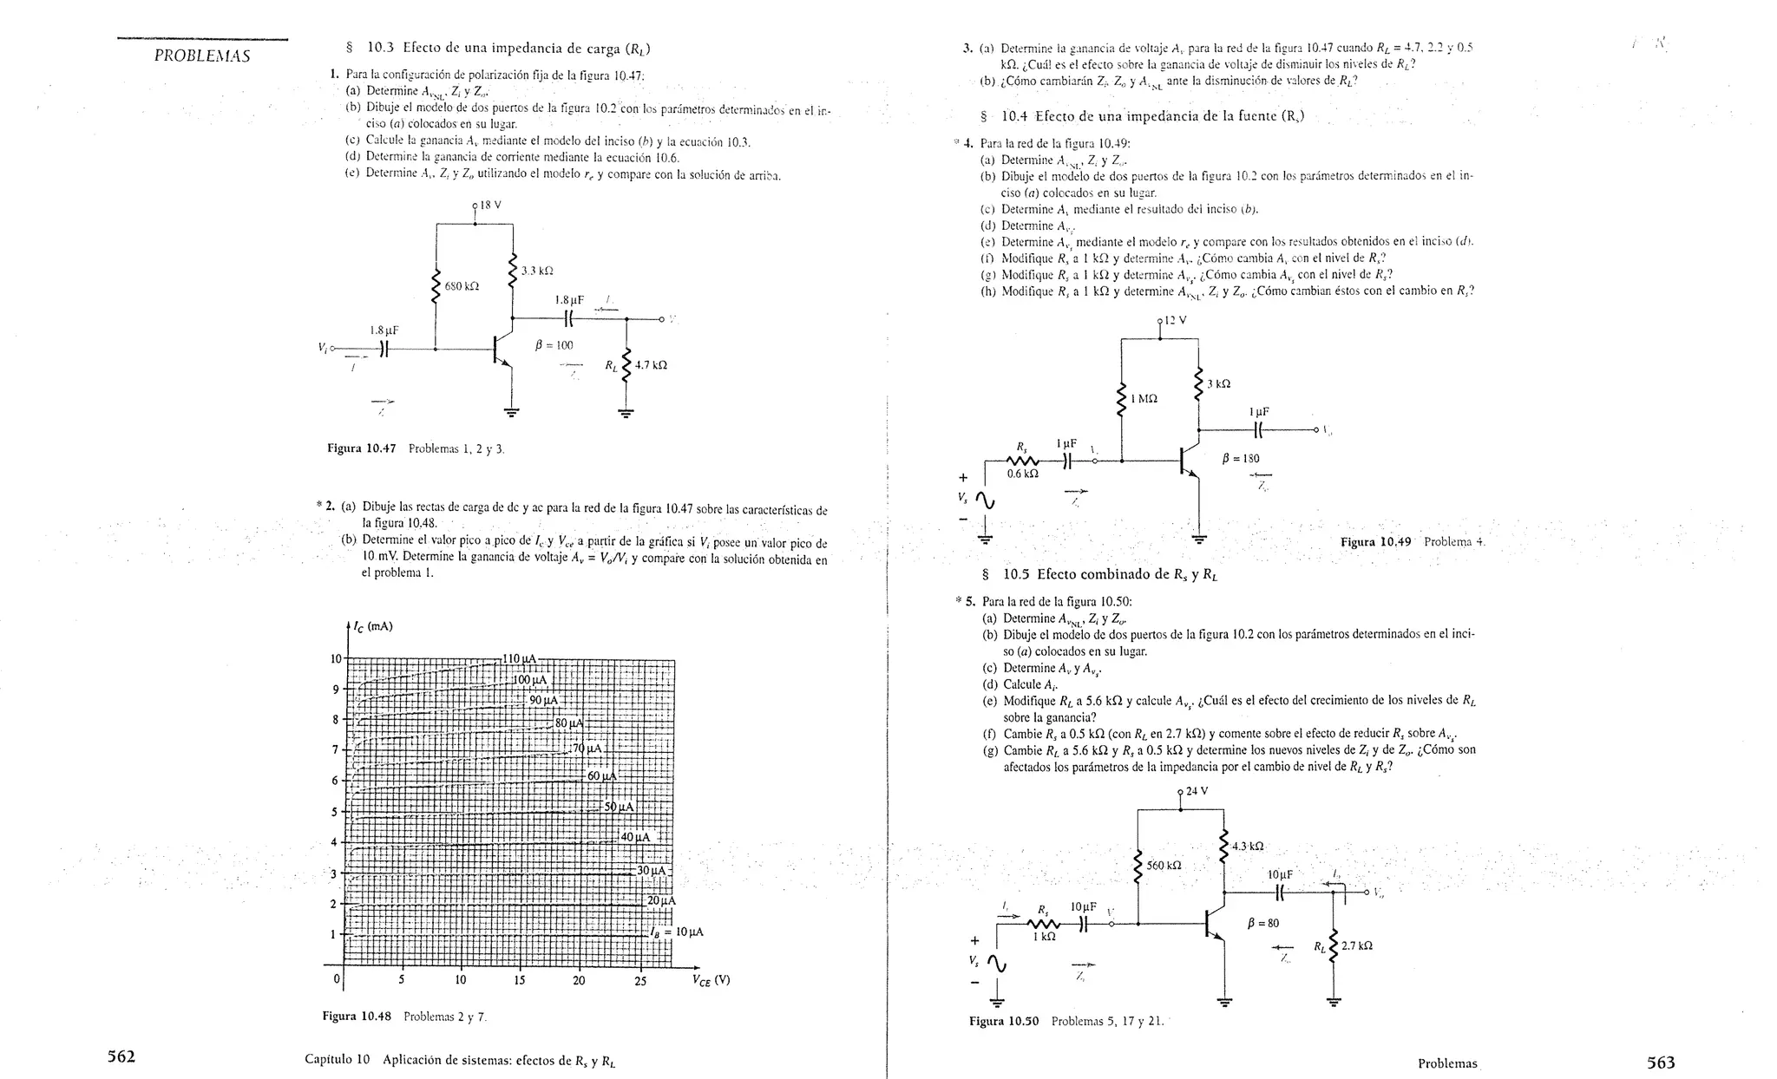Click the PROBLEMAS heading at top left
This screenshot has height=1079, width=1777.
click(202, 56)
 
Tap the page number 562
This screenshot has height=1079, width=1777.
click(121, 1056)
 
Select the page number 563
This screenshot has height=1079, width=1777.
click(1661, 1062)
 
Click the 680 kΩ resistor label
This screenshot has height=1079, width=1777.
click(461, 285)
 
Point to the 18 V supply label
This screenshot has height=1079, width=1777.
click(491, 206)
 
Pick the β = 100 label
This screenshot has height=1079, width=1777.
click(554, 344)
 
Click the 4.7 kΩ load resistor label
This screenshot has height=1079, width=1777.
click(651, 365)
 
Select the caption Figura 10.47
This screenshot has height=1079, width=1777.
click(361, 448)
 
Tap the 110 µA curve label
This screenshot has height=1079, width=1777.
click(520, 658)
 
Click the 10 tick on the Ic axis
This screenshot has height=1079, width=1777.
click(336, 658)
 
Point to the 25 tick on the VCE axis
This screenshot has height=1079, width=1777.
click(640, 981)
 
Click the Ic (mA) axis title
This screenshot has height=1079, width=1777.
click(374, 626)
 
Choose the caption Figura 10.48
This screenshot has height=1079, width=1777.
click(357, 1016)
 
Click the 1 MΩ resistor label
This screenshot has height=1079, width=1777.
click(1144, 399)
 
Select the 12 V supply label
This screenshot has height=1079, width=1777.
click(1175, 320)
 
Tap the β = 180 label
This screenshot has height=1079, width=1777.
click(1241, 459)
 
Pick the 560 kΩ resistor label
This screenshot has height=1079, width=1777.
click(1164, 866)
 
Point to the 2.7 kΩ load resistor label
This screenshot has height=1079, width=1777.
click(1356, 945)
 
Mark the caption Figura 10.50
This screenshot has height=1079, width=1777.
click(1004, 1021)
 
